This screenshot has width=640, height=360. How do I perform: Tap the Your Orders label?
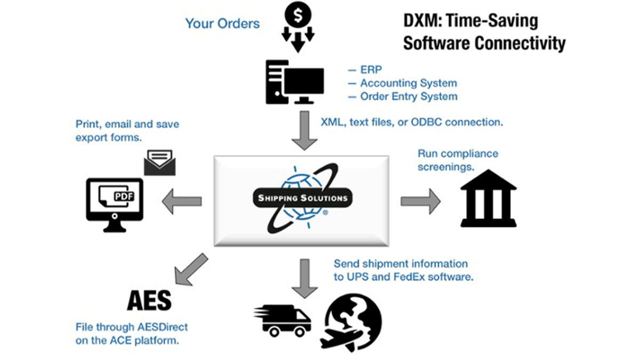[222, 23]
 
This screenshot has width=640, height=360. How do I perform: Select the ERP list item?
[369, 70]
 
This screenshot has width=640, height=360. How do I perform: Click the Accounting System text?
[408, 83]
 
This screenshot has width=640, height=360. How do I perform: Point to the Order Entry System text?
[408, 97]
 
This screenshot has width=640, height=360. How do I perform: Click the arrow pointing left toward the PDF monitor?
[182, 201]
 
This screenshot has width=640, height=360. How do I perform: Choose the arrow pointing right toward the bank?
[420, 202]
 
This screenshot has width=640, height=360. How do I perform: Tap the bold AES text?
[149, 301]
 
